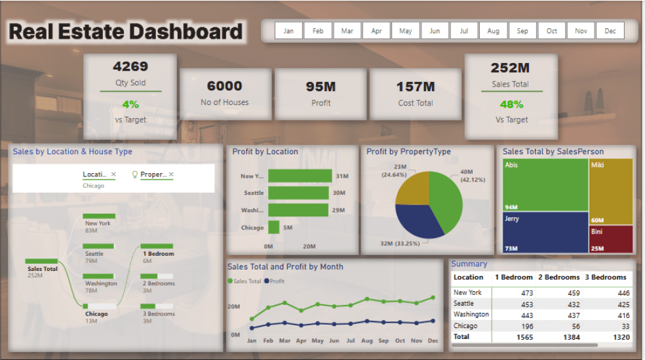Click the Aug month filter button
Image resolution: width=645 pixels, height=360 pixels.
493,31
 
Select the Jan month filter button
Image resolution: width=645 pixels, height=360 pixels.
288,31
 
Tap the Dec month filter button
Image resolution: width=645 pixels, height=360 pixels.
610,31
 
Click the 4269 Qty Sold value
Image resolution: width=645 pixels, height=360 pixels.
130,66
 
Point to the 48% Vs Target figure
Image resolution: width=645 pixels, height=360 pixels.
511,104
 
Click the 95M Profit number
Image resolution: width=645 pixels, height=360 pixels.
321,87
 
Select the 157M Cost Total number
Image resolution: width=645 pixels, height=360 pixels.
416,87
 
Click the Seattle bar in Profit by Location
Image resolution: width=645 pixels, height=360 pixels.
298,193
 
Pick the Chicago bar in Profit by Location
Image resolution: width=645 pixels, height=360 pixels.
274,228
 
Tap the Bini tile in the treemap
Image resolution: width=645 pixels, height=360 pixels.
612,239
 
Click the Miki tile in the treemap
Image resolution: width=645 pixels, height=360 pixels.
612,191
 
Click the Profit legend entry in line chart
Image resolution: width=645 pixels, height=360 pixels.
274,281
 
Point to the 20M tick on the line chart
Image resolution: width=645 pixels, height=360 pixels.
233,307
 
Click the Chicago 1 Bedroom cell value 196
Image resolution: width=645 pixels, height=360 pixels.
524,326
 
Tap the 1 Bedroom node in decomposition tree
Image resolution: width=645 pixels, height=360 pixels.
158,254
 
